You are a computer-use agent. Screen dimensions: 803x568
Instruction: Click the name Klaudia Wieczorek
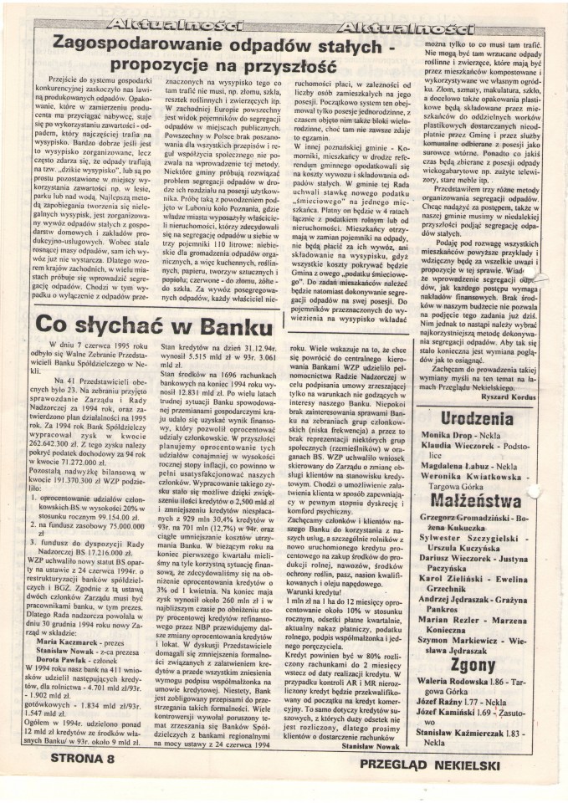coord(460,471)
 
